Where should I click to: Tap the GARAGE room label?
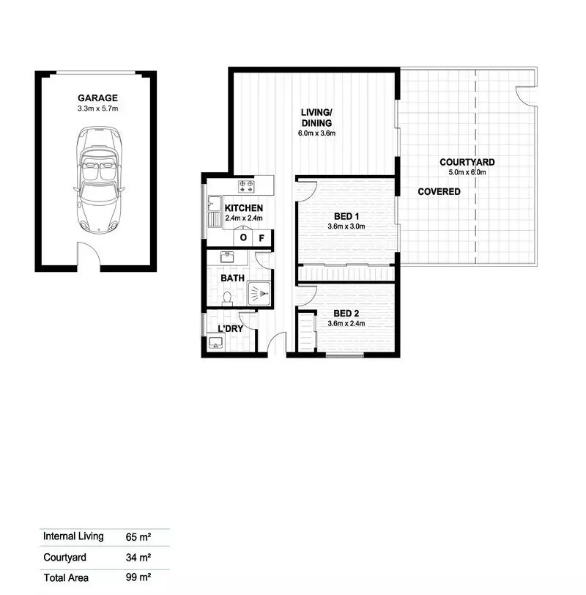click(x=97, y=97)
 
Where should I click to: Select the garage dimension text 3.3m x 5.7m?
click(x=97, y=108)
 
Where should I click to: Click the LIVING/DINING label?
click(x=316, y=118)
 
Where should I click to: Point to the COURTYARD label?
click(x=467, y=162)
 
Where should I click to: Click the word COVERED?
click(x=439, y=192)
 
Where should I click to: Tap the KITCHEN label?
click(x=243, y=208)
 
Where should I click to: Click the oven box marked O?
click(x=243, y=237)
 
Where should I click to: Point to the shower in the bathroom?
click(x=259, y=294)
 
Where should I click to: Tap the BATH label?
click(x=233, y=278)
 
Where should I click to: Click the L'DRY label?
click(x=230, y=329)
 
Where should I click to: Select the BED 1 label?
click(x=346, y=216)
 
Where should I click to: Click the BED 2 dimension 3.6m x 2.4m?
click(x=346, y=324)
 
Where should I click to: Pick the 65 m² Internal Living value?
click(x=136, y=536)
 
